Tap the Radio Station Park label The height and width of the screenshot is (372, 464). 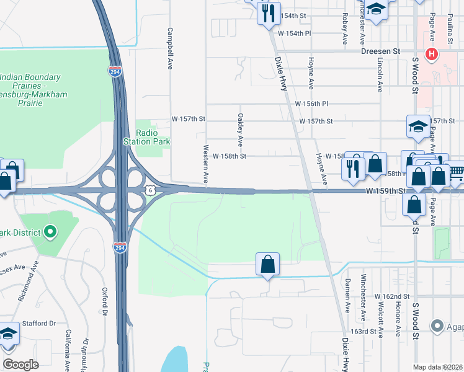tap(147, 137)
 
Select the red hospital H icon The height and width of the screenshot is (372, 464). tap(432, 55)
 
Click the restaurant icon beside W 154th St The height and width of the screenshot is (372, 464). tap(268, 14)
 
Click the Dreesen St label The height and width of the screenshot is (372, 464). tap(381, 52)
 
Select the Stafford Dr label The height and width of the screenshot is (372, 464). tap(43, 323)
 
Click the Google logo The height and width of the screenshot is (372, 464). tap(20, 364)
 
